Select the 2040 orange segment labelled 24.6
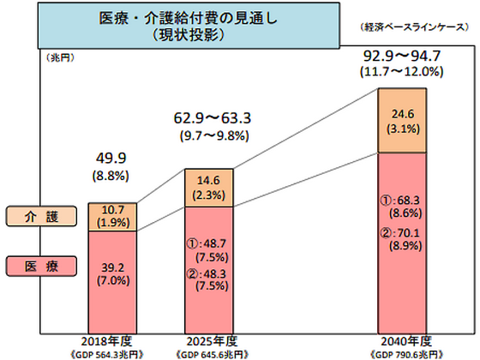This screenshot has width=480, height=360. (x=410, y=119)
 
